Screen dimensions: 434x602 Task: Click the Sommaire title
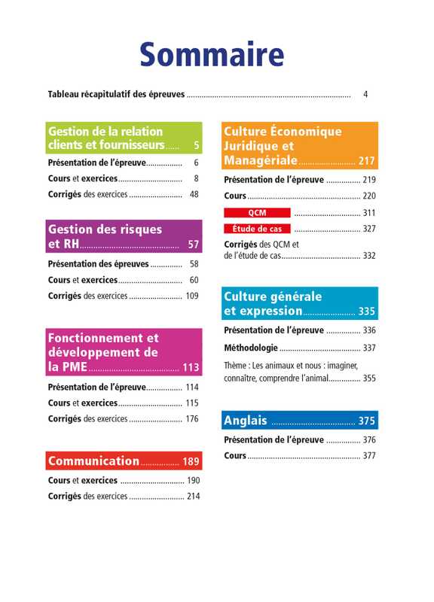[212, 54]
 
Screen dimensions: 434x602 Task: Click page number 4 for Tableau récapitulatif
[365, 95]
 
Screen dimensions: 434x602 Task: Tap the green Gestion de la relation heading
[124, 138]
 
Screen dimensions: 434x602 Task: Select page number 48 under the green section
[194, 194]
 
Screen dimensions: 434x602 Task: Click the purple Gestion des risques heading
[124, 236]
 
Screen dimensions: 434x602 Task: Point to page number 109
[192, 296]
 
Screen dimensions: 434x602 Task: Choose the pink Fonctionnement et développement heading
[124, 352]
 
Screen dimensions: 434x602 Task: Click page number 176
[192, 418]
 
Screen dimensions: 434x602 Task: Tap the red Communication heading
[124, 461]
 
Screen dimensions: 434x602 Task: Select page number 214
[194, 496]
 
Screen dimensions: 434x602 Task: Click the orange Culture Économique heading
[300, 145]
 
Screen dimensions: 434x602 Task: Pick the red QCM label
[257, 213]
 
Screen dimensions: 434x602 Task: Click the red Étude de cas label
[257, 229]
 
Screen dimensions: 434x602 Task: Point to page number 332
[369, 256]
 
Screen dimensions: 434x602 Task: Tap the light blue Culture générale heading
[300, 303]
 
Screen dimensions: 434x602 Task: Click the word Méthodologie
[251, 348]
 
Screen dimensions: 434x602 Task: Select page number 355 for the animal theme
[369, 379]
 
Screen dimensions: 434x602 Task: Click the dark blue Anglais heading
[300, 420]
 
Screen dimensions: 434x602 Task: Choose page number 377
[369, 456]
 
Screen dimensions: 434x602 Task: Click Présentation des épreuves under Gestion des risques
[99, 264]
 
